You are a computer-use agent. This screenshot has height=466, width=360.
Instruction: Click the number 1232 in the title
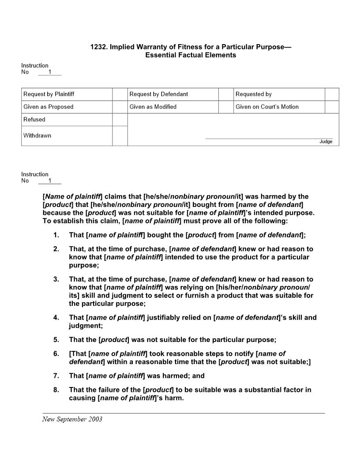[98, 47]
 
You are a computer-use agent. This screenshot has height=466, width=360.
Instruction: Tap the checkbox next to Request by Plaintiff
[120, 94]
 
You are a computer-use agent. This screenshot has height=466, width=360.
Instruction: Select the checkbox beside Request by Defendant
[226, 94]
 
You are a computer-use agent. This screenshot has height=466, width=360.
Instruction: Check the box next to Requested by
[332, 94]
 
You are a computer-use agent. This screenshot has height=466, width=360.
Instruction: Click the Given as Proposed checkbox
[120, 107]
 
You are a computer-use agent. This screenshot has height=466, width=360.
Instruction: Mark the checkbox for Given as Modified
[226, 107]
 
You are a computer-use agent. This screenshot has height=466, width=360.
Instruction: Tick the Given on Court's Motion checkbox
[332, 107]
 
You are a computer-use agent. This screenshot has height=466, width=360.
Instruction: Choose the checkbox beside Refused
[120, 120]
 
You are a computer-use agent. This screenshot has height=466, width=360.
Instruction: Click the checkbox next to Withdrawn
[120, 135]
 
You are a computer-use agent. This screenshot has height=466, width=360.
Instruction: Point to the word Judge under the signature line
[326, 142]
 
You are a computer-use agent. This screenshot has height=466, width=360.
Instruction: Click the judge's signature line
[269, 139]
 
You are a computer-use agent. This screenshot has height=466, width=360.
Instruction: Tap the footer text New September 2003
[72, 419]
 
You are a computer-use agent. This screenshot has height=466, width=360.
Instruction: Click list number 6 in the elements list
[56, 353]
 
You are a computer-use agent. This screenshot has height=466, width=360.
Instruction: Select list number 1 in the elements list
[56, 235]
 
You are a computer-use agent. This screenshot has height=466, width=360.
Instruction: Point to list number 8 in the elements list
[56, 390]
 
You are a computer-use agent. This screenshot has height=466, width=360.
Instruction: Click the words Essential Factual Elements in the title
[191, 55]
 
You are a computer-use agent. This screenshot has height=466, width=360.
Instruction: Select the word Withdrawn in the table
[37, 135]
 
